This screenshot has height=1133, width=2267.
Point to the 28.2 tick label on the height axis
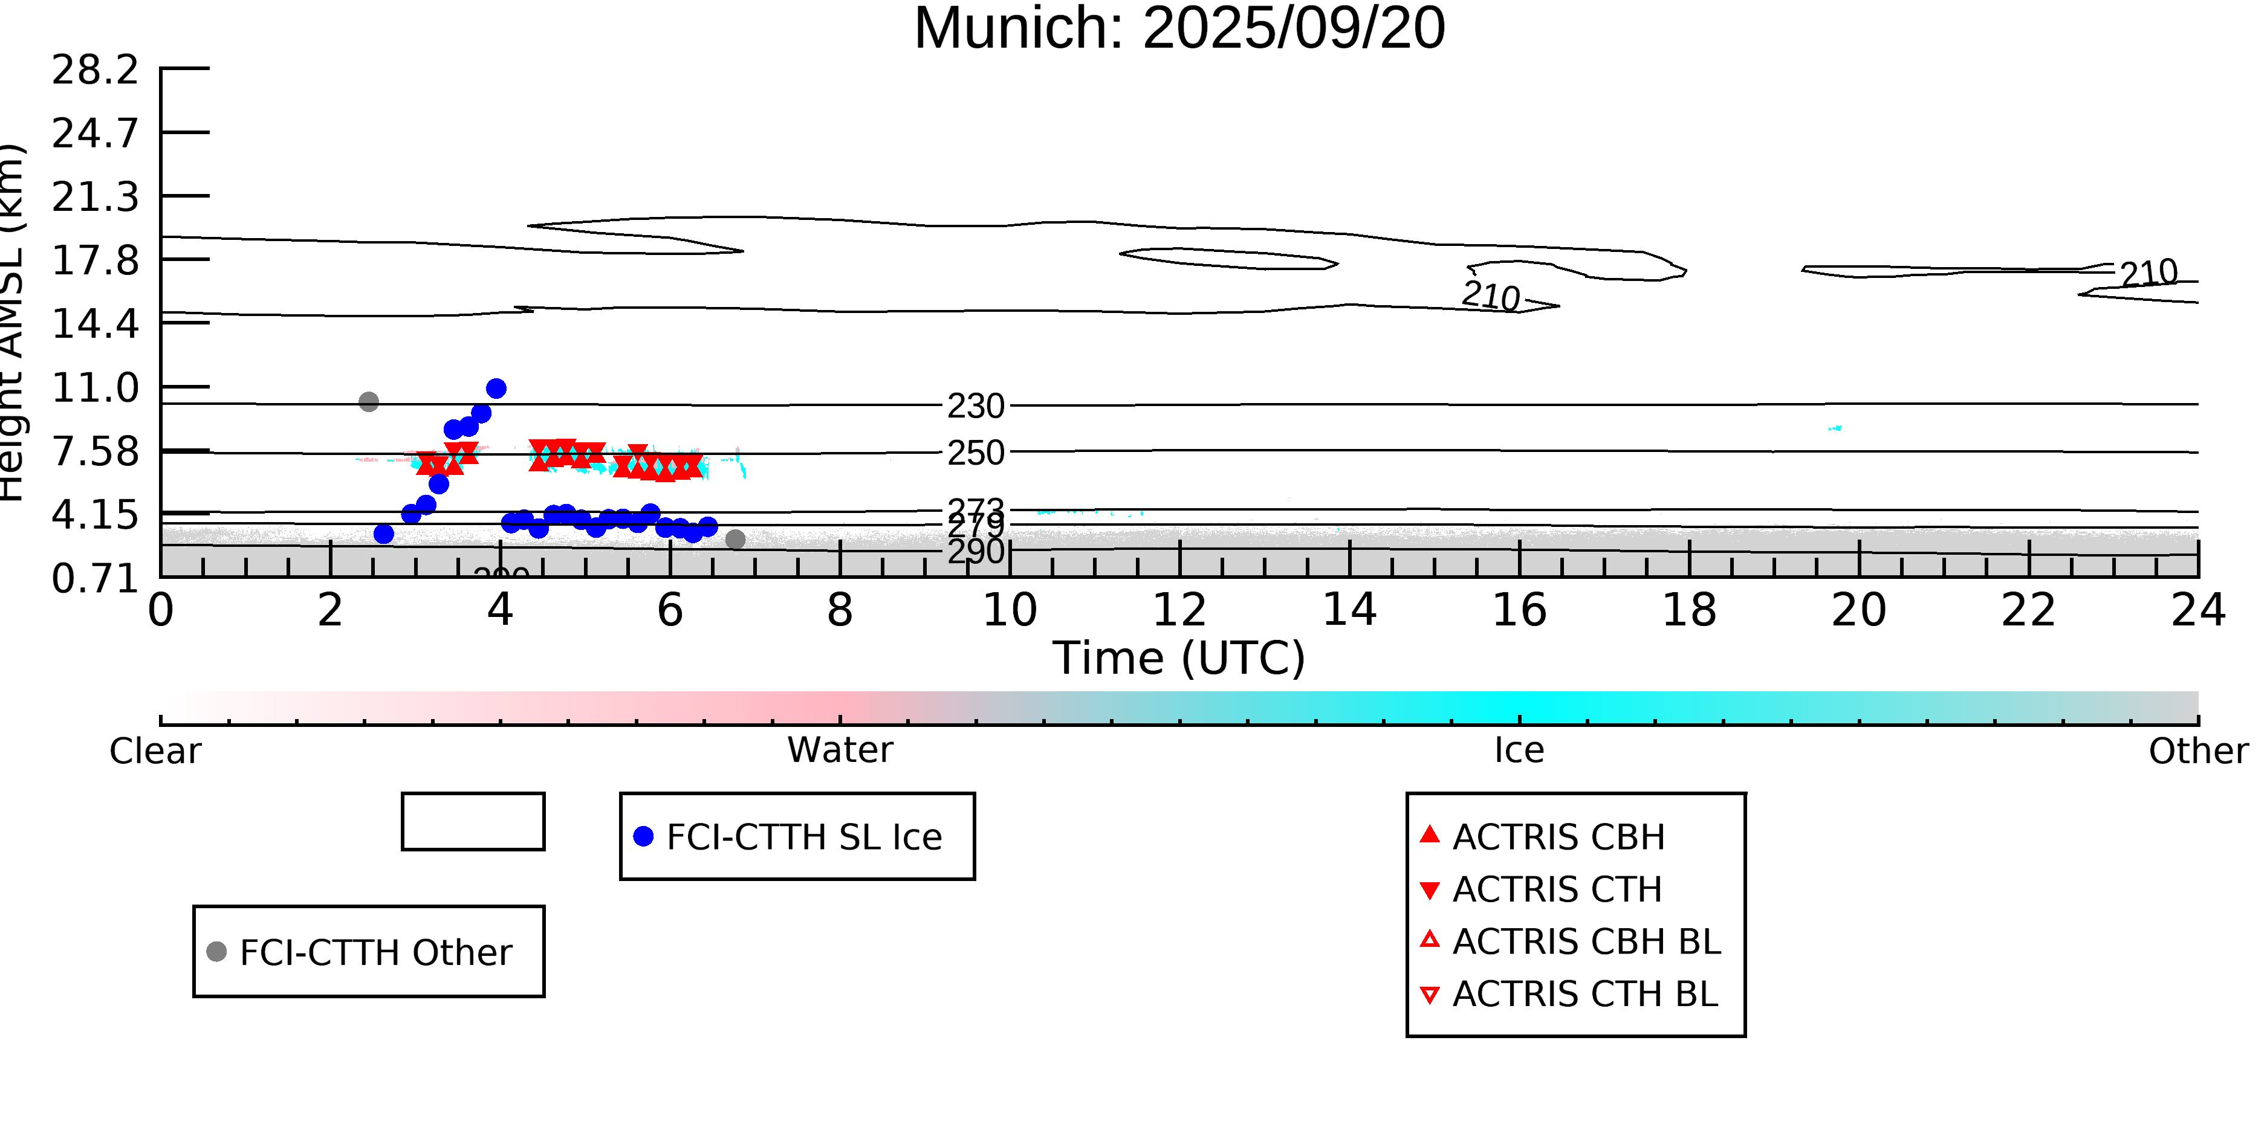[95, 69]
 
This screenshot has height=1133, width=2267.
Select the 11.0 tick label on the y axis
[95, 388]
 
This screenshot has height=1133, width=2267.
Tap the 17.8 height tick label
[95, 260]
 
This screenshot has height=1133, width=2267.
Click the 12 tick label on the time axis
[1179, 610]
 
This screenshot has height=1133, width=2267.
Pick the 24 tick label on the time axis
[2197, 610]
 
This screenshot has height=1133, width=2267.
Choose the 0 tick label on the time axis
[160, 610]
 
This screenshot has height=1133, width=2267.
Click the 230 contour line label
[975, 407]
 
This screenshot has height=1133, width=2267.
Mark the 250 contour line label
[975, 453]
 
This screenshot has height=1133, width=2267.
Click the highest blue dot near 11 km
[496, 389]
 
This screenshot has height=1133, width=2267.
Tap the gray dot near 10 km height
[369, 402]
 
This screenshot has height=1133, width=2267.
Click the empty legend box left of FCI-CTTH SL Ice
[473, 822]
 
